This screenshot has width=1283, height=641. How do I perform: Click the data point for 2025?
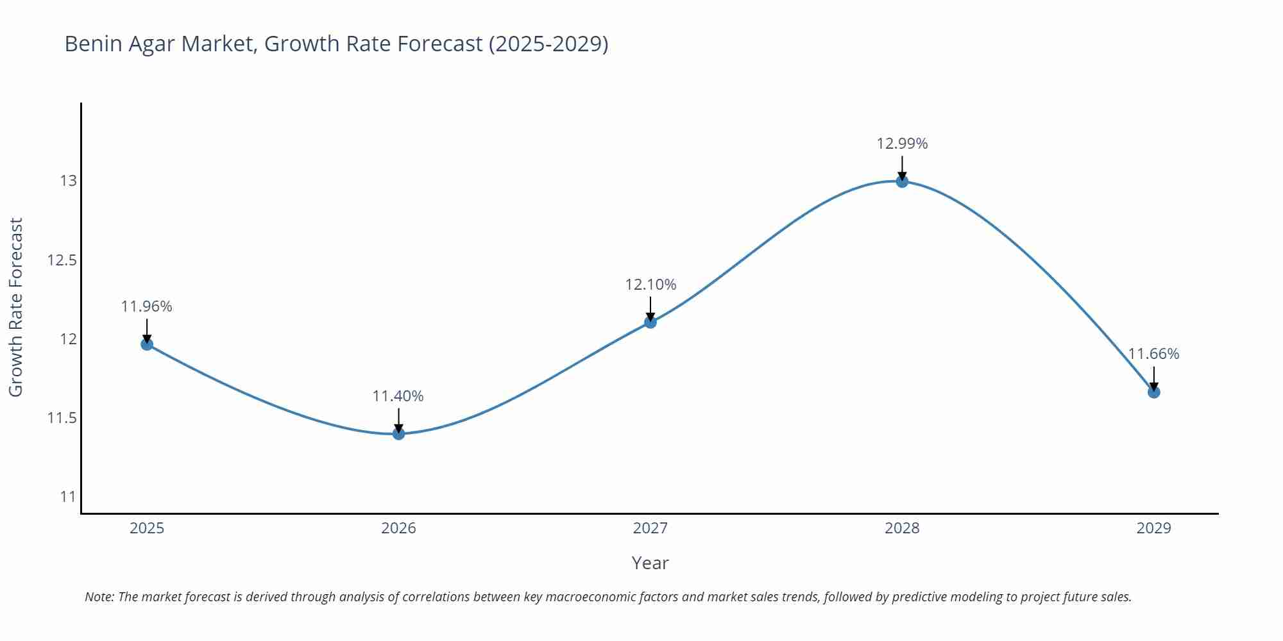click(x=147, y=344)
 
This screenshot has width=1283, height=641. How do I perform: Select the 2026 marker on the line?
click(x=398, y=433)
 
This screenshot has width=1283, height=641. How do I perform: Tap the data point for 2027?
click(x=650, y=322)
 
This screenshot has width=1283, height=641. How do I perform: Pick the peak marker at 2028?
click(x=902, y=181)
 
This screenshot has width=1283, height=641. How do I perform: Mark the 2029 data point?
click(x=1153, y=392)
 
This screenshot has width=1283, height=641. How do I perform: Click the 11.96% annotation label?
click(x=147, y=306)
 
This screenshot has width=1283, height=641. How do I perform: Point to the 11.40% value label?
click(x=398, y=396)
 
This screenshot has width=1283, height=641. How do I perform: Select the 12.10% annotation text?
click(x=650, y=285)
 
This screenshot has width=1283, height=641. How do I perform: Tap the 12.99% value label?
click(x=902, y=144)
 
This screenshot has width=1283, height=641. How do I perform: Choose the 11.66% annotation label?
click(x=1153, y=354)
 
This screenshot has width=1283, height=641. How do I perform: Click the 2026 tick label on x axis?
click(x=398, y=528)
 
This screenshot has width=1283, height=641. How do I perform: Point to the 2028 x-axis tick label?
click(x=902, y=528)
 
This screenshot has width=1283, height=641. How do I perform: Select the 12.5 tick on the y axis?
click(x=62, y=260)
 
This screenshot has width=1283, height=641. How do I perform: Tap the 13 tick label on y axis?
click(x=68, y=181)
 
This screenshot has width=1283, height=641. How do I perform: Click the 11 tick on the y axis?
click(x=68, y=497)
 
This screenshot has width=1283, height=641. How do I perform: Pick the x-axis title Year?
click(x=650, y=563)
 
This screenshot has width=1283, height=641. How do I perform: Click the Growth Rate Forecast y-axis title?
click(x=16, y=307)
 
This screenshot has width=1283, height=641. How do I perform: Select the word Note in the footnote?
click(x=99, y=597)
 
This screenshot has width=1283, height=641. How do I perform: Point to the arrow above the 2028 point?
click(x=902, y=167)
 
